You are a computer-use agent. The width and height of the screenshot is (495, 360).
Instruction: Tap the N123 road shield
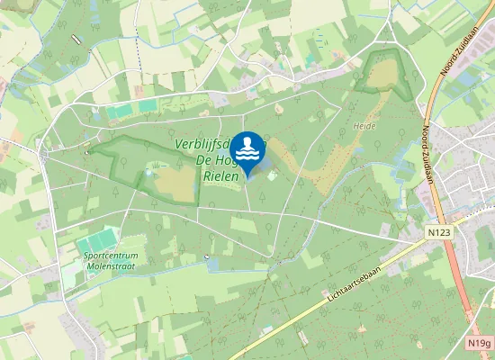pyautogui.click(x=438, y=232)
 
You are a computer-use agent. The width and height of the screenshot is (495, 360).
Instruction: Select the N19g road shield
pyautogui.click(x=481, y=343)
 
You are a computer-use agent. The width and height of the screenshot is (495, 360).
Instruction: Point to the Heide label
pyautogui.click(x=364, y=127)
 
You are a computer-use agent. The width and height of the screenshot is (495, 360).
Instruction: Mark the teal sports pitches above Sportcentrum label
pyautogui.click(x=97, y=240)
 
